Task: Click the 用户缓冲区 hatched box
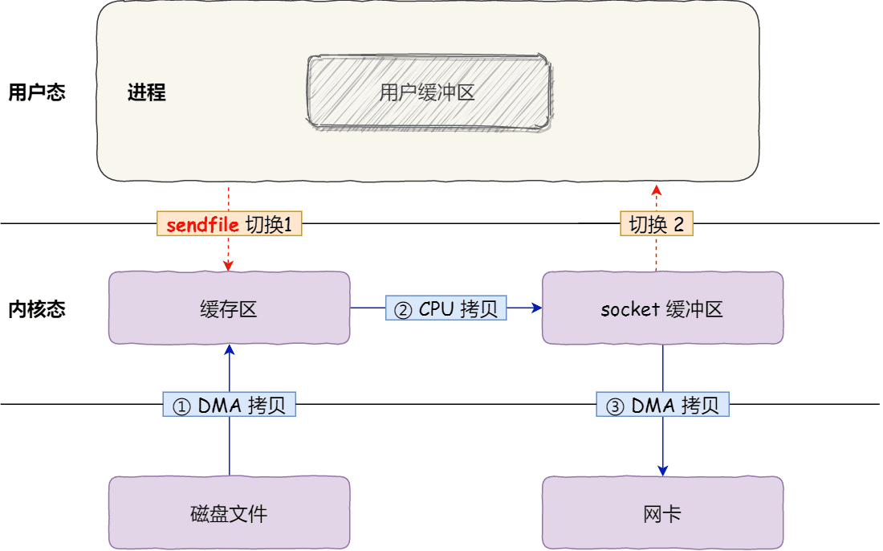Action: coord(429,92)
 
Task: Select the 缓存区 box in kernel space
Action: coord(229,308)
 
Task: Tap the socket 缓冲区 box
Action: coord(662,308)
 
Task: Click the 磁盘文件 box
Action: coord(229,513)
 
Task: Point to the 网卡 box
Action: coord(662,513)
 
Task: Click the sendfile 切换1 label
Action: coord(229,224)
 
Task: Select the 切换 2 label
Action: coord(656,224)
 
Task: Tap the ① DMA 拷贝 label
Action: coord(229,405)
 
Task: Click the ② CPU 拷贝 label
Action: coord(446,308)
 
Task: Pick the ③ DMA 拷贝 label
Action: coord(662,405)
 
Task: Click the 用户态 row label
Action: coord(36,92)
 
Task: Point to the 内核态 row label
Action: coord(36,309)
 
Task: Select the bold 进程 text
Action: coord(146,92)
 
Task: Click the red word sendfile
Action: coord(202,224)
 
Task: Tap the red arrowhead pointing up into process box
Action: coord(656,189)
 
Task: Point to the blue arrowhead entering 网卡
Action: coord(662,470)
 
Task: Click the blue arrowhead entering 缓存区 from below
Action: coord(229,350)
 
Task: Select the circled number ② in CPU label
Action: coord(404,309)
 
